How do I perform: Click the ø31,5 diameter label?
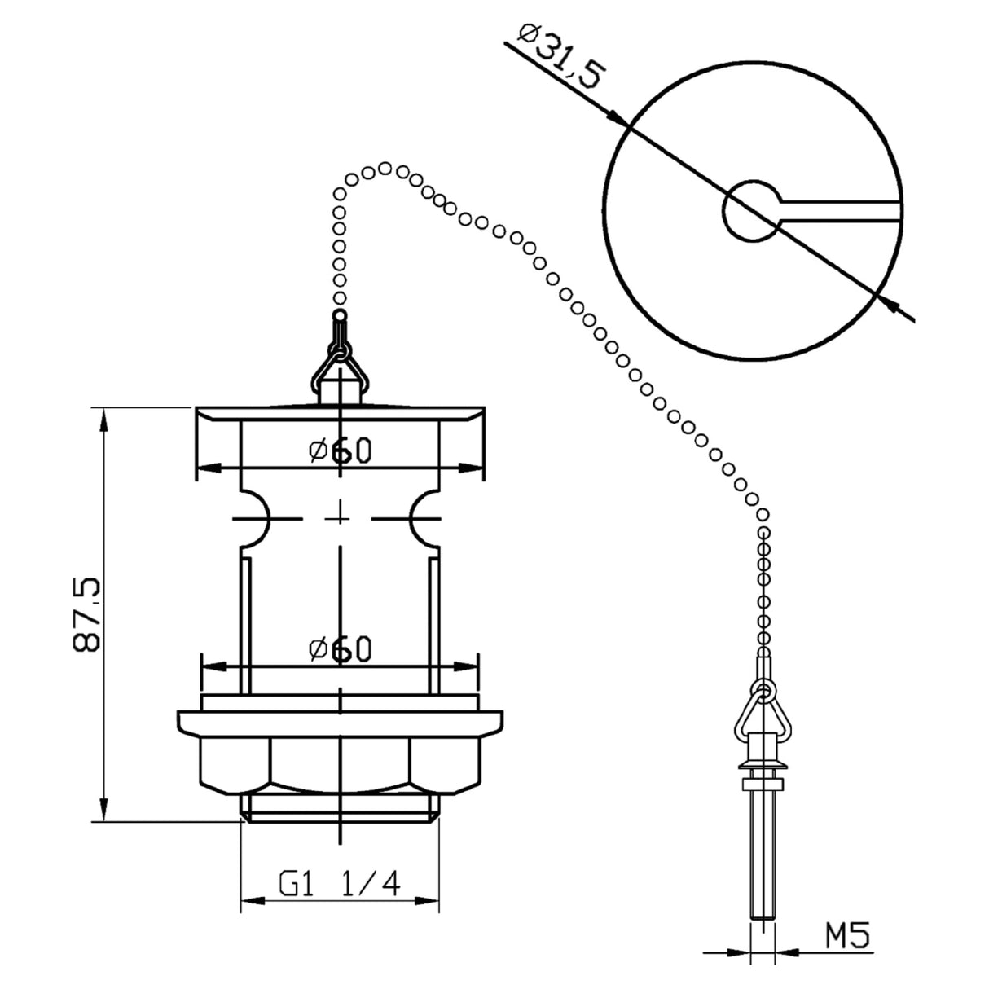tap(561, 57)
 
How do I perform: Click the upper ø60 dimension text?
tap(340, 449)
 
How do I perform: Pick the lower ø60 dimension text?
tap(340, 649)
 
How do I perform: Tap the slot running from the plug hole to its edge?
tap(843, 211)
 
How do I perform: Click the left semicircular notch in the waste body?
tap(253, 518)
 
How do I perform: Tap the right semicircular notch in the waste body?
tap(425, 518)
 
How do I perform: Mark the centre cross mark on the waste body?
tap(339, 518)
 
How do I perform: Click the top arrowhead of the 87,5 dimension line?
tap(103, 417)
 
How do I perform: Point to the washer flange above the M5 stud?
tap(763, 765)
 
